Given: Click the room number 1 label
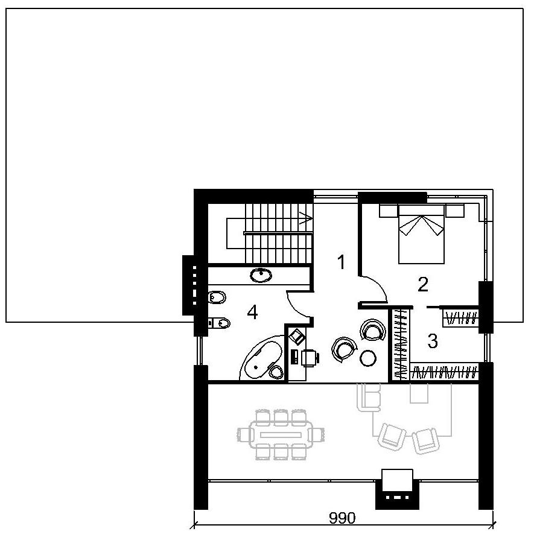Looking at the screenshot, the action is click(342, 262).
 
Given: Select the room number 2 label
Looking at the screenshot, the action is click(423, 284).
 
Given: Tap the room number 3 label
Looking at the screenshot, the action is click(433, 341).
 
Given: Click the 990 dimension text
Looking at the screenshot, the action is click(342, 518).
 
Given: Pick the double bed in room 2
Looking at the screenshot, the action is click(421, 234).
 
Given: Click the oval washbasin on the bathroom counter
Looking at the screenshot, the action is click(261, 275).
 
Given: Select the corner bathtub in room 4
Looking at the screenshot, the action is click(262, 358).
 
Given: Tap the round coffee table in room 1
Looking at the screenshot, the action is click(368, 358).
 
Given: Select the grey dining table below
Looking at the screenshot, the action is click(281, 434).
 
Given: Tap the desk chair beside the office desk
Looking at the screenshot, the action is click(310, 358).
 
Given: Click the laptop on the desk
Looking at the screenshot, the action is click(297, 336).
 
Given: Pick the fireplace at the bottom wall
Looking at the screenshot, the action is click(397, 489).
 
